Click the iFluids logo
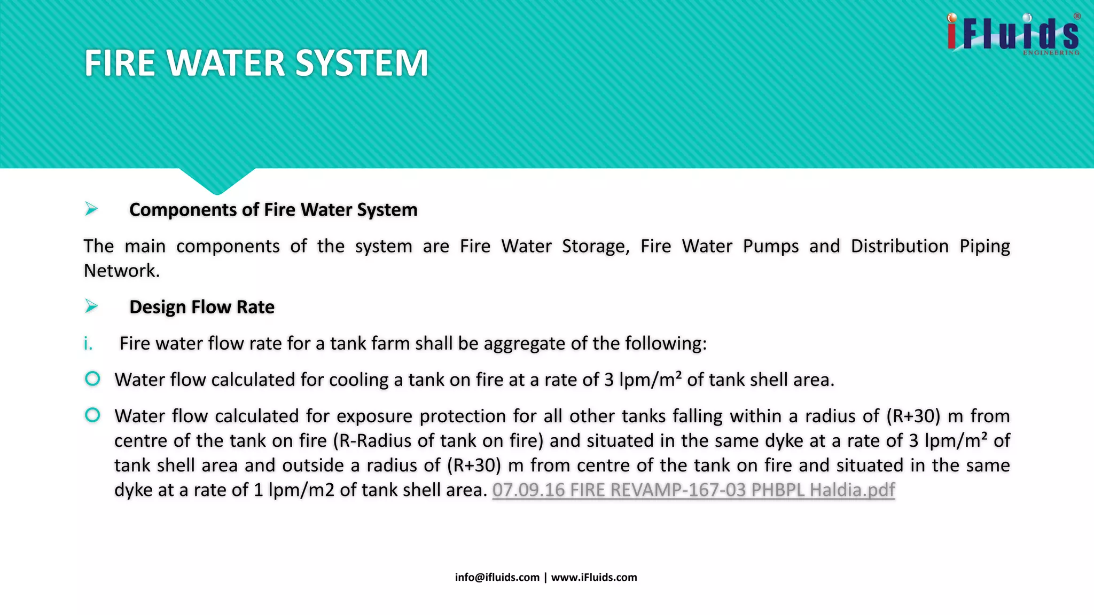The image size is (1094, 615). [1013, 34]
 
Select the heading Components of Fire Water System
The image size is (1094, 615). [273, 210]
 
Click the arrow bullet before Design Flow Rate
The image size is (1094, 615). [91, 306]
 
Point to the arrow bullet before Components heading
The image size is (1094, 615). [91, 209]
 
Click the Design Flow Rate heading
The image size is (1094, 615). [202, 307]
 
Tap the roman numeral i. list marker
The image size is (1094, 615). [88, 344]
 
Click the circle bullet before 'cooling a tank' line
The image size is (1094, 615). [92, 379]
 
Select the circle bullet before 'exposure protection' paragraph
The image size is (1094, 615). [92, 415]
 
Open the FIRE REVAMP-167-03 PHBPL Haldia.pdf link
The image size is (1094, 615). [693, 490]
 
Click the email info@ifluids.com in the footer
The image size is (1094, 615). [497, 577]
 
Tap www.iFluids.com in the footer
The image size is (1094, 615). [594, 577]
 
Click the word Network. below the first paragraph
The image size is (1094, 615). [122, 271]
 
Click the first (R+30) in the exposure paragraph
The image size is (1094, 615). [912, 416]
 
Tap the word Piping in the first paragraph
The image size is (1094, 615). [984, 246]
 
